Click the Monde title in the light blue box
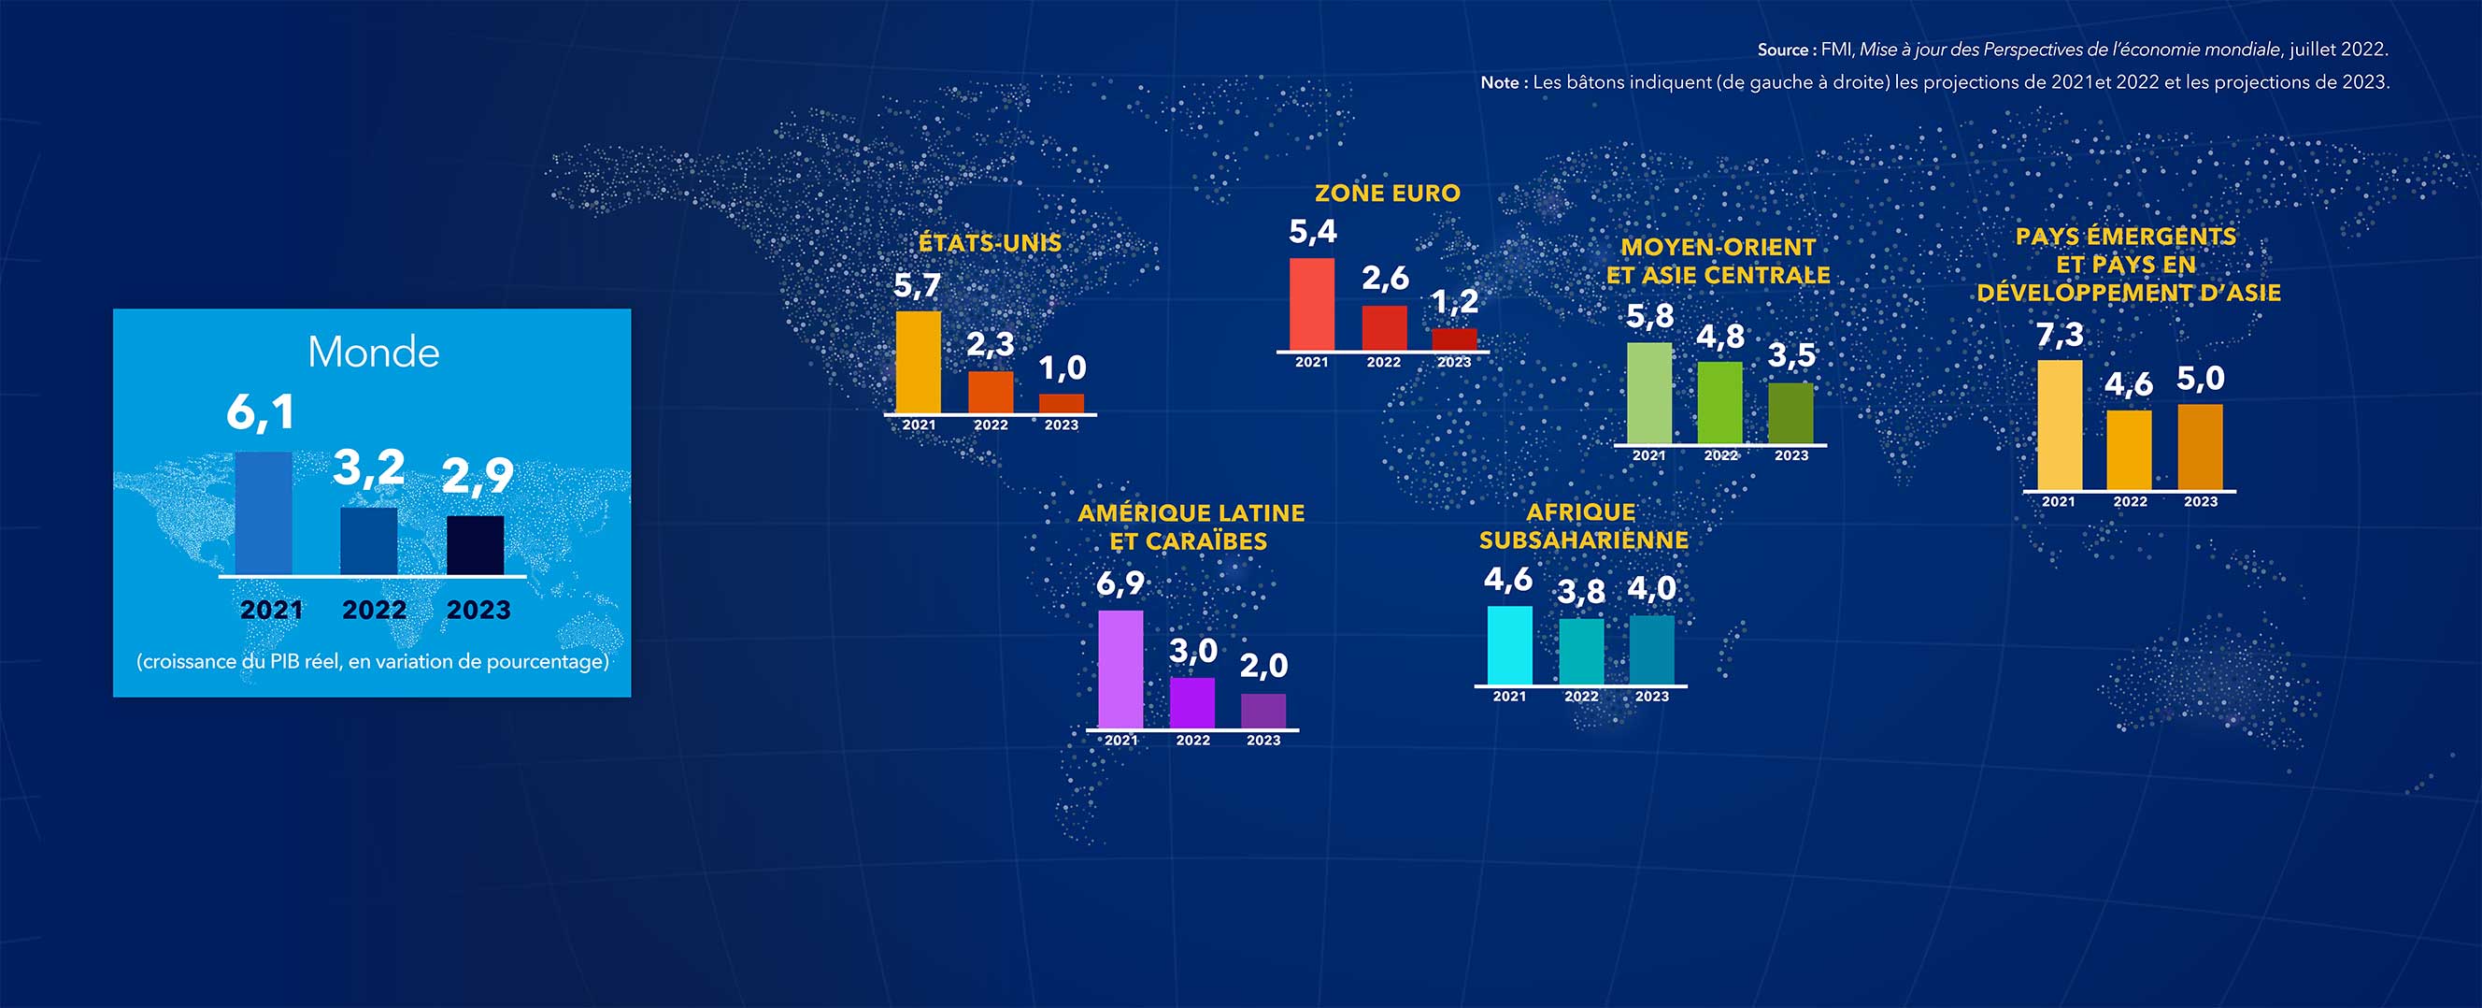(x=373, y=353)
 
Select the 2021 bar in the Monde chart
(x=263, y=513)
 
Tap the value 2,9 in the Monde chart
(x=478, y=476)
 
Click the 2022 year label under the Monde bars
(x=374, y=610)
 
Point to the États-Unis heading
(x=990, y=243)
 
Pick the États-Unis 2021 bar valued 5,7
(x=919, y=363)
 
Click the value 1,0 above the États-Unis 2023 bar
(x=1062, y=368)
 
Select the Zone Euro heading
(x=1388, y=194)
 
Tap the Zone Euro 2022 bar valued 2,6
(x=1384, y=328)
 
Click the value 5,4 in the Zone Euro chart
(x=1312, y=232)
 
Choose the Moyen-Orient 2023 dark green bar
(x=1790, y=413)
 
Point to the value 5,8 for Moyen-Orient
(x=1649, y=317)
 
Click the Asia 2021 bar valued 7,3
(x=2059, y=425)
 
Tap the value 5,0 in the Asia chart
(x=2201, y=379)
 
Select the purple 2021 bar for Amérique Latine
(x=1120, y=670)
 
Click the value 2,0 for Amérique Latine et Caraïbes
(x=1263, y=666)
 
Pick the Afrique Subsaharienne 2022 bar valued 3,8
(x=1581, y=652)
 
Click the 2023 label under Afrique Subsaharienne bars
(x=1651, y=696)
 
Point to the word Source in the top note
(x=1781, y=50)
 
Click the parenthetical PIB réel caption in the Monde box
(x=373, y=662)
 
